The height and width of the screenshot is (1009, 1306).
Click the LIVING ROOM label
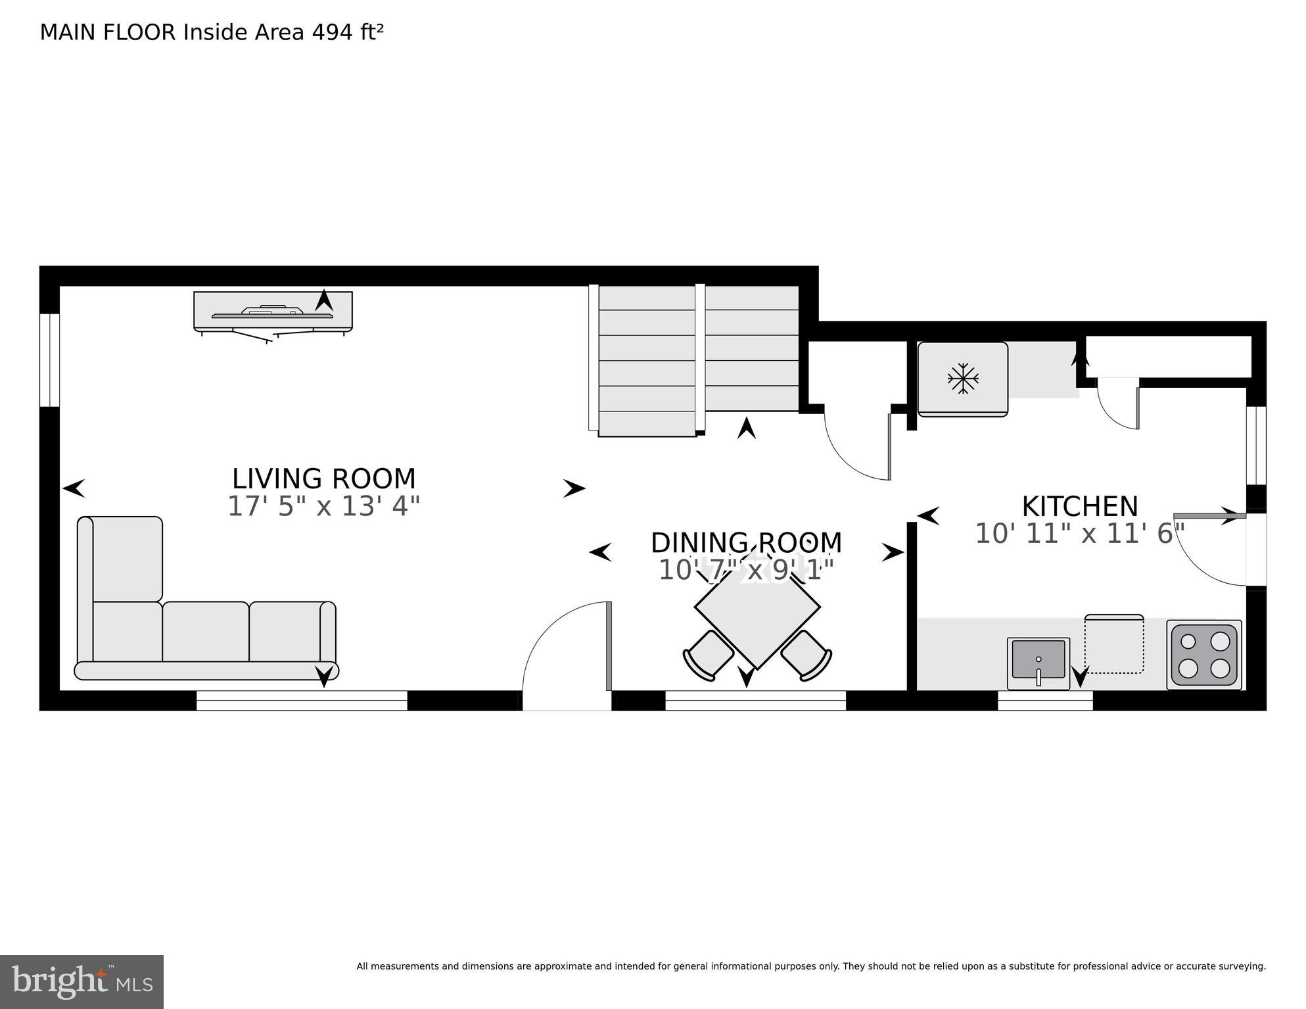[x=323, y=479]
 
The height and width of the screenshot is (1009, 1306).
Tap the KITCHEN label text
[x=1079, y=507]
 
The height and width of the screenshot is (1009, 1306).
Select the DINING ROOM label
[x=746, y=543]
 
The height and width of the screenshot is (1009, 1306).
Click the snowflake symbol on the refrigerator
[x=963, y=379]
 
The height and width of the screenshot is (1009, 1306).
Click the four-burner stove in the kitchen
[x=1203, y=655]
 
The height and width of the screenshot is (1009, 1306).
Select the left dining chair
[x=709, y=655]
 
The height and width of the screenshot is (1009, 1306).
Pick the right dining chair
[x=806, y=655]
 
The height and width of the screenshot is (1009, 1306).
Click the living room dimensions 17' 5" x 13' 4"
[x=323, y=507]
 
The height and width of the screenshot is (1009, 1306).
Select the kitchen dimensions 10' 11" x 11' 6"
[x=1079, y=534]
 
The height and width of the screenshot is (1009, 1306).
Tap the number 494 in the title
[x=332, y=32]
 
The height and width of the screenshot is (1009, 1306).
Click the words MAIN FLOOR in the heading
[x=108, y=32]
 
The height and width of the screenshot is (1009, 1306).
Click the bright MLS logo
[x=82, y=981]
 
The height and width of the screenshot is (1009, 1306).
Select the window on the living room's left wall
[x=49, y=360]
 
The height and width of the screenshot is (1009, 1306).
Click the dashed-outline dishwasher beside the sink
[x=1113, y=645]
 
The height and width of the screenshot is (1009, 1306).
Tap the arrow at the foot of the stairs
[x=746, y=429]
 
